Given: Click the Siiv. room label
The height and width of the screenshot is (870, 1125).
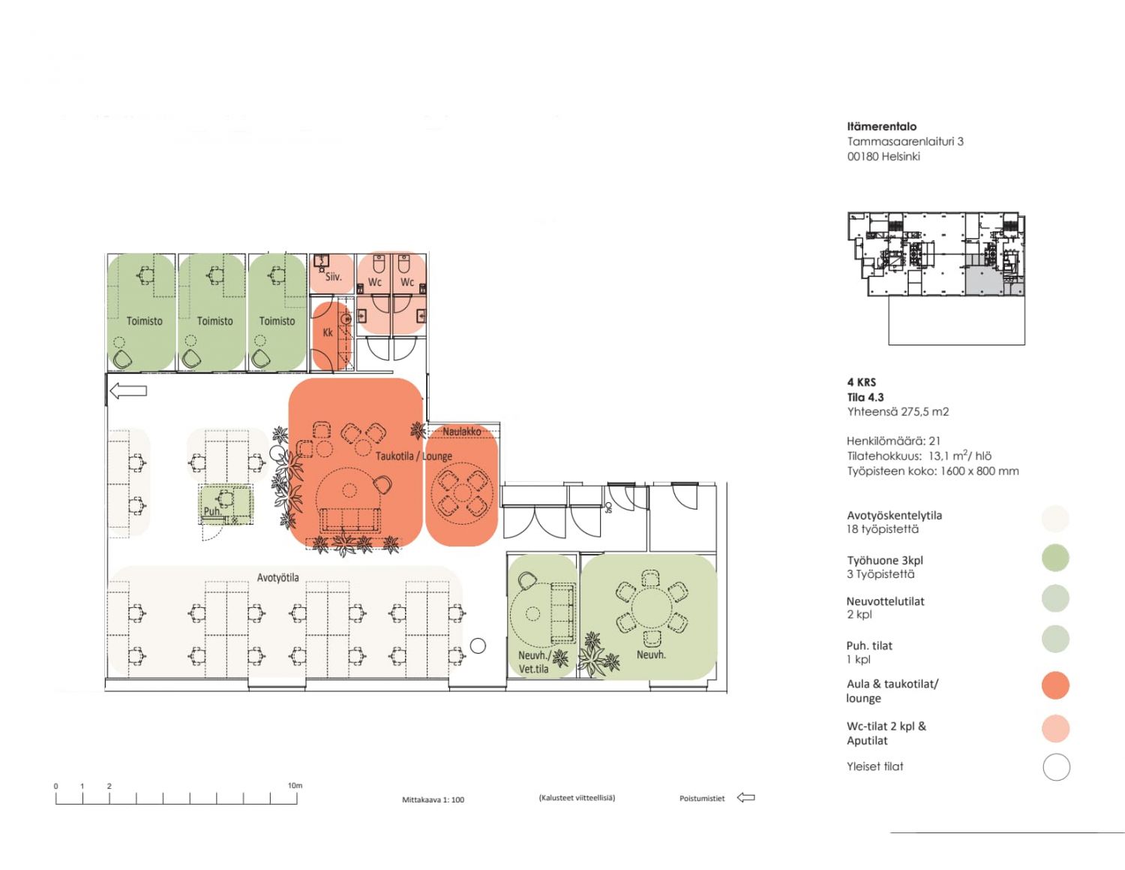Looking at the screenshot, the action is point(333,277).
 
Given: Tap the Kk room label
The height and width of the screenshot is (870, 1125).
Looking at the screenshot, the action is point(328,332).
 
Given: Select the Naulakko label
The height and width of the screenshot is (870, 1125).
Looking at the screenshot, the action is point(462,431).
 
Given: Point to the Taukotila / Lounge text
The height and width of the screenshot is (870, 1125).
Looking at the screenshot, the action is point(414,456).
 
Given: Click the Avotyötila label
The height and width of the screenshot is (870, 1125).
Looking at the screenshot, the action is point(278,577).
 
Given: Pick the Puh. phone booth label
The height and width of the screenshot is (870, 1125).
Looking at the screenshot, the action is point(212,511).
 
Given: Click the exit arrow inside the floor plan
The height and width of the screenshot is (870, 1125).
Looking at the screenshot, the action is point(128,390).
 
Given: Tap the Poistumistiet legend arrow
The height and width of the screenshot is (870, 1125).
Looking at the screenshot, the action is point(745,797).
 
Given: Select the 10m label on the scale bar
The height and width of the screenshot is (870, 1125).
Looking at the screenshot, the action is point(295,785).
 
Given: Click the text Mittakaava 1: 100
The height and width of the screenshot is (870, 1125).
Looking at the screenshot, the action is point(433,799).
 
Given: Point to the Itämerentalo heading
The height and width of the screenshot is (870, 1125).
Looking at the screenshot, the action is point(882,126).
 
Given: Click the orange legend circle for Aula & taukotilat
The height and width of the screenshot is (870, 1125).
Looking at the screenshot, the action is point(1055,685).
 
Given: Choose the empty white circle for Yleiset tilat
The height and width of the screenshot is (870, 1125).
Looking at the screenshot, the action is point(1056,767).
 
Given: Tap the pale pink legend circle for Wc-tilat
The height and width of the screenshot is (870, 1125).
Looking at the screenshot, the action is point(1055,728).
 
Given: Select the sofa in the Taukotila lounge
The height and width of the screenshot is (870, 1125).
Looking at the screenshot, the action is point(351,519).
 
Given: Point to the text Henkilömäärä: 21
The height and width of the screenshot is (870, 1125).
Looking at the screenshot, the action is point(893,441).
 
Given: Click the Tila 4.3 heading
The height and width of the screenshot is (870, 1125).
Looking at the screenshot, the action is point(865,397).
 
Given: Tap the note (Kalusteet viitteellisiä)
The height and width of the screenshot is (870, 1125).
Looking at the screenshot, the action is point(577,798).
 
